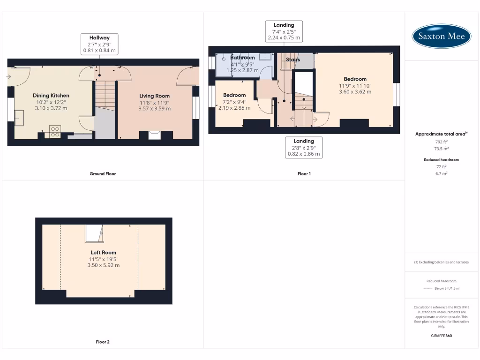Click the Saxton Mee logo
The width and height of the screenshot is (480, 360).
click(441, 36)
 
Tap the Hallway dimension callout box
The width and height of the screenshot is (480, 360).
click(99, 44)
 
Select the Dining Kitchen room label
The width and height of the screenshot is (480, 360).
click(51, 95)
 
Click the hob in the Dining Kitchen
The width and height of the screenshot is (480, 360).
click(54, 131)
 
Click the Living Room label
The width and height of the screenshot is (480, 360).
click(154, 96)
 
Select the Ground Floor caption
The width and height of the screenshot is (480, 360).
click(103, 173)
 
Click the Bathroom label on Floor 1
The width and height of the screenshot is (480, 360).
click(242, 58)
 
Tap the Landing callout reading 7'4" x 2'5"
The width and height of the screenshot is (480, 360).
click(284, 31)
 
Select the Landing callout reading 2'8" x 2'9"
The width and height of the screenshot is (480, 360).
click(303, 147)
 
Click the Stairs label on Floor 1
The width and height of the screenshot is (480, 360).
click(293, 60)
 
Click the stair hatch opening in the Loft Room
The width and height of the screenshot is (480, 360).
click(94, 233)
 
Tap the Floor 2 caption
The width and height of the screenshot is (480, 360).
click(103, 342)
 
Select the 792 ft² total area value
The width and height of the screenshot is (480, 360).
click(441, 141)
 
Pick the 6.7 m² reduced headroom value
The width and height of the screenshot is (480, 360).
click(441, 173)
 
